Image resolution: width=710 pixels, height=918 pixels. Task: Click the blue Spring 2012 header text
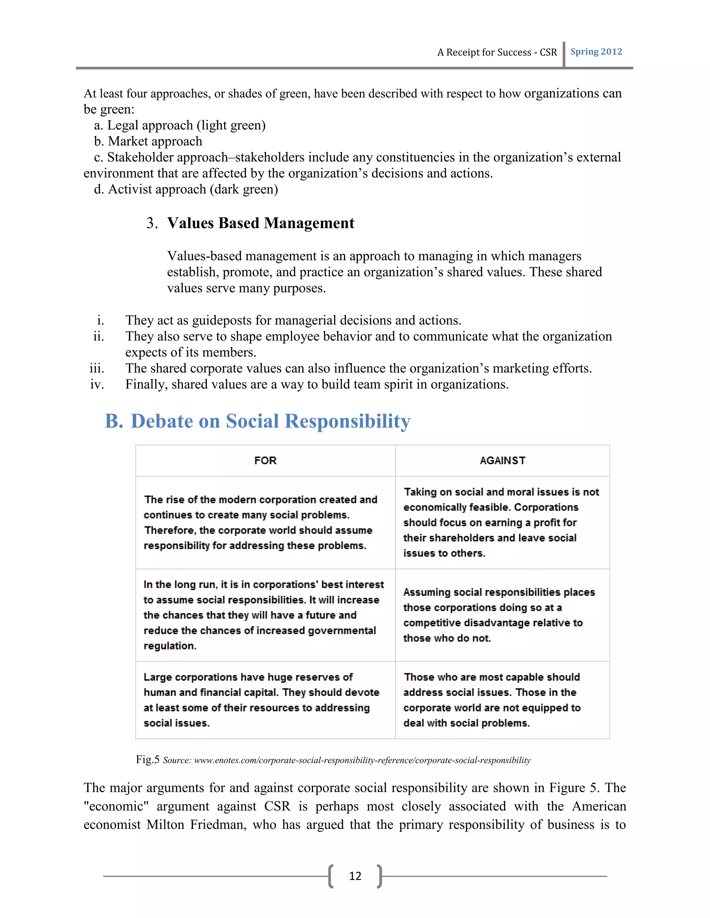pyautogui.click(x=596, y=52)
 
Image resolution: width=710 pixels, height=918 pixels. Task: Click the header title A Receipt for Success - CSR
pyautogui.click(x=497, y=53)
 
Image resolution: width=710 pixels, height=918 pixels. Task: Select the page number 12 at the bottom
pyautogui.click(x=355, y=876)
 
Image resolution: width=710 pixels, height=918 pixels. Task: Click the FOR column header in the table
pyautogui.click(x=266, y=461)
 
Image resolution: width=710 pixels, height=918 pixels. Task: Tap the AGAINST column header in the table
pyautogui.click(x=502, y=461)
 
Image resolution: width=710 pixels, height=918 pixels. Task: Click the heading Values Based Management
pyautogui.click(x=260, y=223)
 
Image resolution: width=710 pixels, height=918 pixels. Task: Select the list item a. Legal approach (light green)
pyautogui.click(x=180, y=125)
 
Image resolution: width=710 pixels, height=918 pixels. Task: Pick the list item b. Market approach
pyautogui.click(x=148, y=141)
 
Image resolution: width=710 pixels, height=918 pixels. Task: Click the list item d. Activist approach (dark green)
pyautogui.click(x=186, y=189)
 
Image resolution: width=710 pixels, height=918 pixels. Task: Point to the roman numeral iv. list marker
pyautogui.click(x=97, y=384)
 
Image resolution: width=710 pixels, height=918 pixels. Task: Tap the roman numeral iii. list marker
pyautogui.click(x=97, y=368)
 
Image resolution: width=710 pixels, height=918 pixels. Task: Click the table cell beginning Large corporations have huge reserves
pyautogui.click(x=261, y=700)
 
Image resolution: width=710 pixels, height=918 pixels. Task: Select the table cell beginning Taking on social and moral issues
pyautogui.click(x=501, y=522)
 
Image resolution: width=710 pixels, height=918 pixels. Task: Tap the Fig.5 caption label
pyautogui.click(x=148, y=759)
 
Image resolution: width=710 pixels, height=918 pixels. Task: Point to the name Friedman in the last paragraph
pyautogui.click(x=217, y=825)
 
